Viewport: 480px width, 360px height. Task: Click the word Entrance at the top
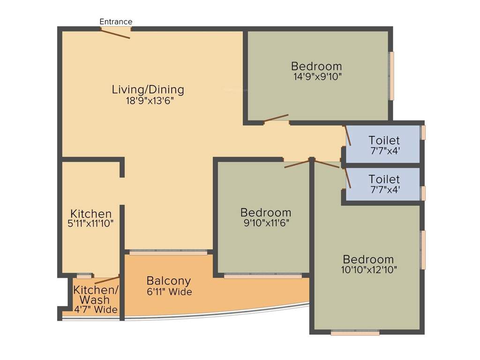[x=116, y=22]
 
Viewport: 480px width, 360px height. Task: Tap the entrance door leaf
[x=116, y=34]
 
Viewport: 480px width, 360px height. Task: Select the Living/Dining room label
[x=148, y=90]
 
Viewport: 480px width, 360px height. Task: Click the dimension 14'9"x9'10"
[x=316, y=77]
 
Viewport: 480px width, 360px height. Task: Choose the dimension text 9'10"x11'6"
[x=265, y=223]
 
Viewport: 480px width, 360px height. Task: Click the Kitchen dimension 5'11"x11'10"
[x=90, y=224]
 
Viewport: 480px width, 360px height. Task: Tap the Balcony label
[x=169, y=281]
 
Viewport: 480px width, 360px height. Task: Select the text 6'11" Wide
[x=169, y=292]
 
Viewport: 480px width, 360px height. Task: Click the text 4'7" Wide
[x=95, y=310]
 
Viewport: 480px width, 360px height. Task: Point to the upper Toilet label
[x=384, y=140]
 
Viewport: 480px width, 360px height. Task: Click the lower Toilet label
[x=384, y=179]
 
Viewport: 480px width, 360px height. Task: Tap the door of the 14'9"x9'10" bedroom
[x=276, y=118]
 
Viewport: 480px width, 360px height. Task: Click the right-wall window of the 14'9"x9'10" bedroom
[x=391, y=75]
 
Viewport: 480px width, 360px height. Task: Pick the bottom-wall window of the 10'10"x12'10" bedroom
[x=355, y=333]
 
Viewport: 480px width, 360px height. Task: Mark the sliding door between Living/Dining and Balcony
[x=168, y=253]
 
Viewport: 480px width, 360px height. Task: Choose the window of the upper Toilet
[x=423, y=132]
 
